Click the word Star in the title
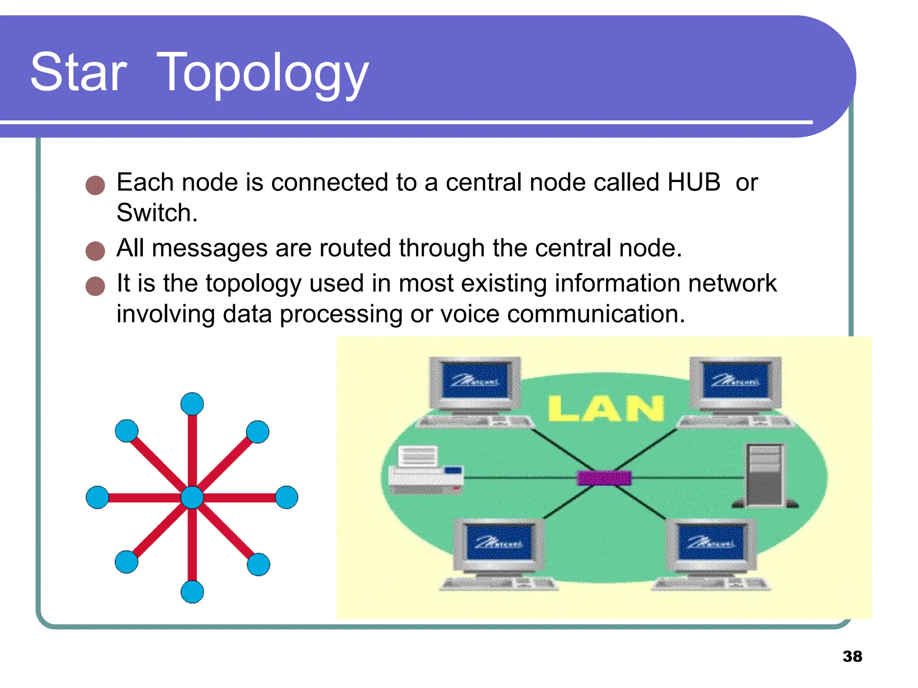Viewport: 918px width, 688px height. click(x=79, y=73)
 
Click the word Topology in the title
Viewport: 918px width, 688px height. click(x=262, y=74)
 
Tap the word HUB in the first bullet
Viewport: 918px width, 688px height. click(x=693, y=182)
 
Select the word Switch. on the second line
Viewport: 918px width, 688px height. click(x=157, y=213)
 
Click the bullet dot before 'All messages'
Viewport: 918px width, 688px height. click(x=95, y=251)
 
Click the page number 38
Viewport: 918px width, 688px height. click(x=852, y=656)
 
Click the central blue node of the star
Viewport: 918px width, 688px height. click(x=192, y=498)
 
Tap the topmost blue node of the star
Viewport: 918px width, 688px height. click(x=192, y=404)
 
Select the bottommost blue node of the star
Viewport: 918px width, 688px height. click(x=192, y=592)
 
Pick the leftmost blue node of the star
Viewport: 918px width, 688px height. click(x=97, y=497)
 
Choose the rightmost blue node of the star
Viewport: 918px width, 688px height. click(x=287, y=497)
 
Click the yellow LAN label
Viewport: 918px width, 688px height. click(x=606, y=408)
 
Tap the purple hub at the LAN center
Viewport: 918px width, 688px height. click(x=604, y=478)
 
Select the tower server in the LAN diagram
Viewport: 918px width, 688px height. click(x=765, y=476)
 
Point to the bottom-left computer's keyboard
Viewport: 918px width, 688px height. click(x=498, y=584)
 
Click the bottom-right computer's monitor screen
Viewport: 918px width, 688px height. click(x=711, y=542)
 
